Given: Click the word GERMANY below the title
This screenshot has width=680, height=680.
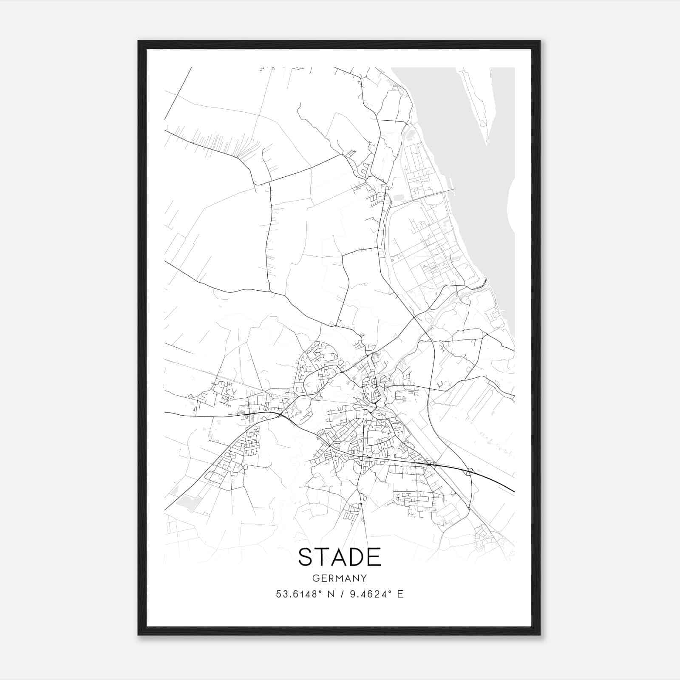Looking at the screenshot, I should (x=339, y=578).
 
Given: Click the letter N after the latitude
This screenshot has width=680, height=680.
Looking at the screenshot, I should (x=329, y=594).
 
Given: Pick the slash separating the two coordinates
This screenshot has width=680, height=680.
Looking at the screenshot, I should (x=341, y=594).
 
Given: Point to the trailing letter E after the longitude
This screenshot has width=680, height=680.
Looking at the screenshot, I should (x=400, y=594).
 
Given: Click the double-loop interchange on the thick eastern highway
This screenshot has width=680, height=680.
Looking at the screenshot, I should (x=470, y=471).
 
